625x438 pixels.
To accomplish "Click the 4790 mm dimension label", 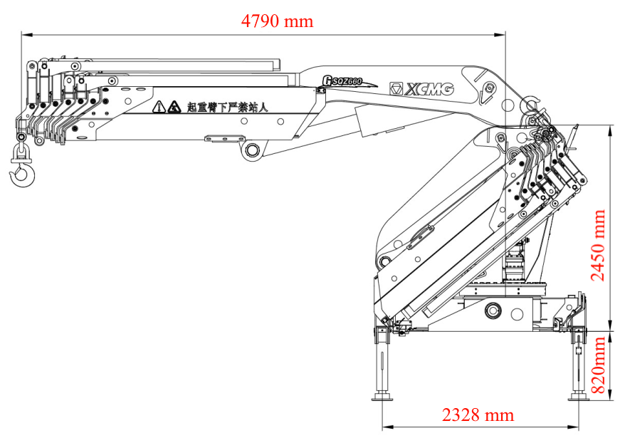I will (x=277, y=21).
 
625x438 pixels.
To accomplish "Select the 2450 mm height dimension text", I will (x=599, y=245).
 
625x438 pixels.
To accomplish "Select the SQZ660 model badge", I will (x=343, y=80).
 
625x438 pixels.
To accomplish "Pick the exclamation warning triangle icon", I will (x=158, y=107).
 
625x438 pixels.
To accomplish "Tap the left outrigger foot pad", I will (x=382, y=395).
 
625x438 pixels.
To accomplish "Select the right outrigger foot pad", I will (x=578, y=395).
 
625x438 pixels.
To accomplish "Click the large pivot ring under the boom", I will (x=252, y=150).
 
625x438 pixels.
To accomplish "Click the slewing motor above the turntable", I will (x=513, y=267).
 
